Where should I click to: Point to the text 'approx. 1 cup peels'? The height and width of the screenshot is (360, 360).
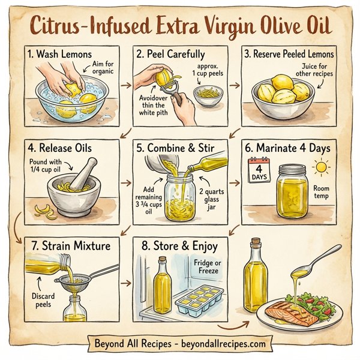(209, 69)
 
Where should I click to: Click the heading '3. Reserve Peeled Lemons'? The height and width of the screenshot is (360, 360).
(289, 54)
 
